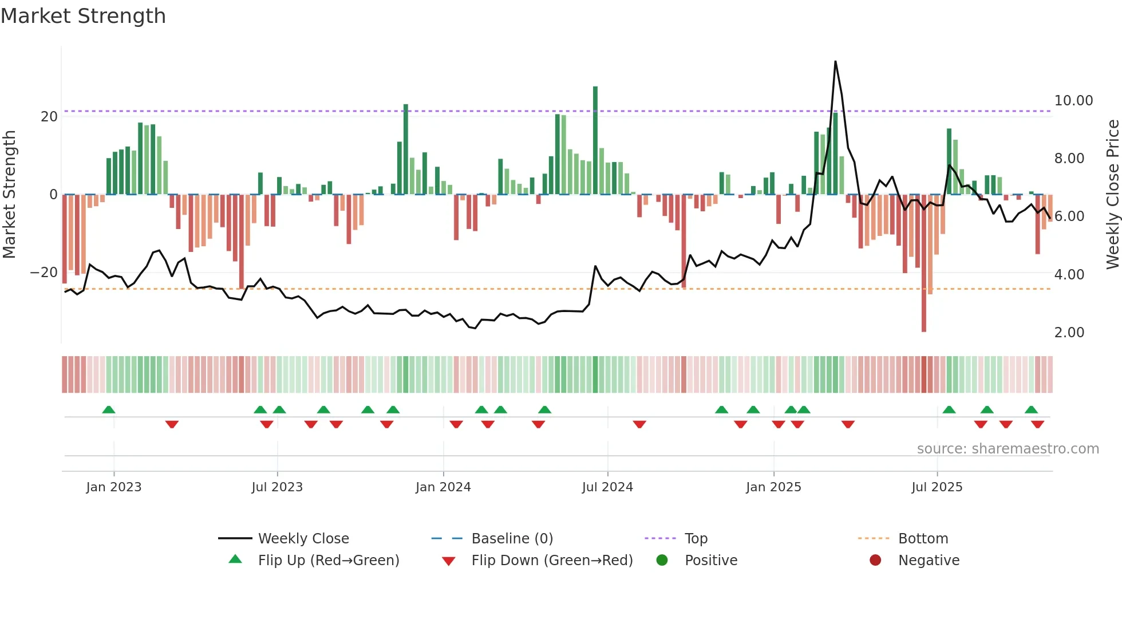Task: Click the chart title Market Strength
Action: pyautogui.click(x=83, y=16)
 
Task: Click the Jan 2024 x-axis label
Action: pyautogui.click(x=443, y=487)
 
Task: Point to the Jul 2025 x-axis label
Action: pyautogui.click(x=937, y=487)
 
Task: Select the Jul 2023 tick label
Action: pyautogui.click(x=277, y=487)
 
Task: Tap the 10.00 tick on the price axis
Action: pyautogui.click(x=1073, y=101)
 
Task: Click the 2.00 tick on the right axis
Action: pyautogui.click(x=1069, y=333)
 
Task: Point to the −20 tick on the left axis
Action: pyautogui.click(x=44, y=273)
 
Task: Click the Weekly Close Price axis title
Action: pyautogui.click(x=1112, y=194)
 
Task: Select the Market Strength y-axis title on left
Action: pyautogui.click(x=10, y=194)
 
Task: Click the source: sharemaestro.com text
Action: pyautogui.click(x=1008, y=449)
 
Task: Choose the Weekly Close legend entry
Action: pyautogui.click(x=303, y=539)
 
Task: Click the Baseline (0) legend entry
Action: pyautogui.click(x=512, y=539)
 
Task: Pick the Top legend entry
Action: pyautogui.click(x=696, y=539)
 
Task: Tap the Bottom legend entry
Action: pyautogui.click(x=923, y=539)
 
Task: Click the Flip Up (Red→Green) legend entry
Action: pyautogui.click(x=328, y=561)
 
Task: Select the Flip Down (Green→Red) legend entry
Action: pyautogui.click(x=552, y=561)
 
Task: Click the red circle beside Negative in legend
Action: pyautogui.click(x=875, y=561)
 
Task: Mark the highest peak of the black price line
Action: pyautogui.click(x=835, y=62)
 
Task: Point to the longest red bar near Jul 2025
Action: pyautogui.click(x=924, y=263)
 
